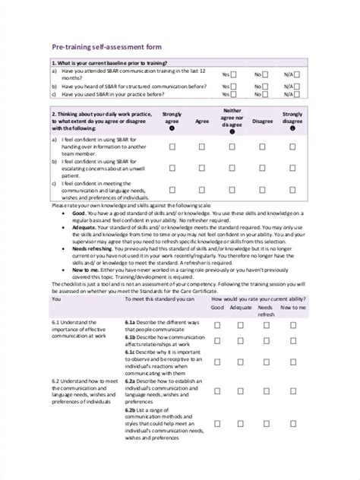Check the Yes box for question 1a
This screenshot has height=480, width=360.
click(x=233, y=74)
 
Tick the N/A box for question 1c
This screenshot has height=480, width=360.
click(x=297, y=96)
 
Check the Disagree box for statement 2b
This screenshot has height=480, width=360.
click(x=263, y=169)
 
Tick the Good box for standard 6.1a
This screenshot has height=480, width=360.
click(x=217, y=325)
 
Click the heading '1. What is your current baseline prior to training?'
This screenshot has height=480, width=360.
click(x=109, y=63)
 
